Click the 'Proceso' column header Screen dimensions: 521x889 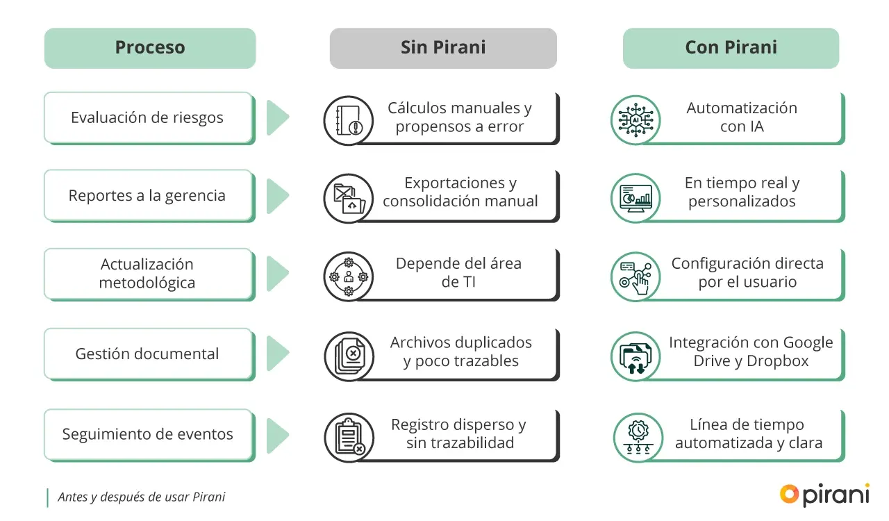(149, 48)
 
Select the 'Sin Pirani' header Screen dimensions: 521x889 (443, 48)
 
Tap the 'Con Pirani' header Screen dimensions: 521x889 (731, 48)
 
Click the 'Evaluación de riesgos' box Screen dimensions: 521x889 (147, 117)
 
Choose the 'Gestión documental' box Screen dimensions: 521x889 (147, 354)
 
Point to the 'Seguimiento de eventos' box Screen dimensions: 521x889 (147, 434)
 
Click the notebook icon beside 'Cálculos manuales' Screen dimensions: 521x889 (349, 120)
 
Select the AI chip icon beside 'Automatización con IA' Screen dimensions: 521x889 (635, 120)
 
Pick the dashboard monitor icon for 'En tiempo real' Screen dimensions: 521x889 (635, 198)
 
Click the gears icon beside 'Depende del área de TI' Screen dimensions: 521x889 (349, 276)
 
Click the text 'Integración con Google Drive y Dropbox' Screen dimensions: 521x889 (751, 352)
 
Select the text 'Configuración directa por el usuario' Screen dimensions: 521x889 (747, 273)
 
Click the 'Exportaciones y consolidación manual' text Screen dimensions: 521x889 (460, 192)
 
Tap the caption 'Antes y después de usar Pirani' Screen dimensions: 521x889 (142, 497)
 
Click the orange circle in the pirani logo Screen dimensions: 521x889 (789, 494)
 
